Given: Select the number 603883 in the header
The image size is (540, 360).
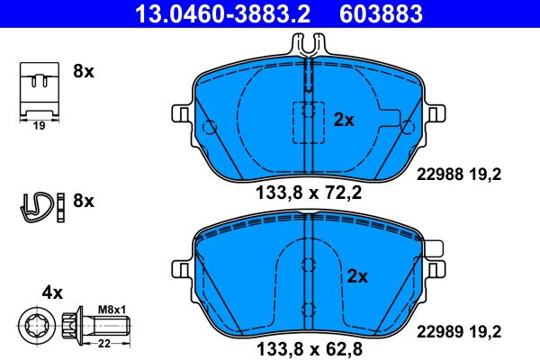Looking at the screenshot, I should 379,13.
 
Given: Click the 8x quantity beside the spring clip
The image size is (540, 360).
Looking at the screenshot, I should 83,201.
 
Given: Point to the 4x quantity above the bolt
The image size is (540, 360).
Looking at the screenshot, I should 52,292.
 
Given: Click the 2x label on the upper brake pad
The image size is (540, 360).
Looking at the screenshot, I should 345,119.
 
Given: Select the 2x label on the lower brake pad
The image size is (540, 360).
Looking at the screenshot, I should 358,277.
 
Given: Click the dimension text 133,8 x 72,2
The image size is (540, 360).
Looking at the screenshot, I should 309,191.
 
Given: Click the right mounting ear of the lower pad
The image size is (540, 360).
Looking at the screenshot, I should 436,267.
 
